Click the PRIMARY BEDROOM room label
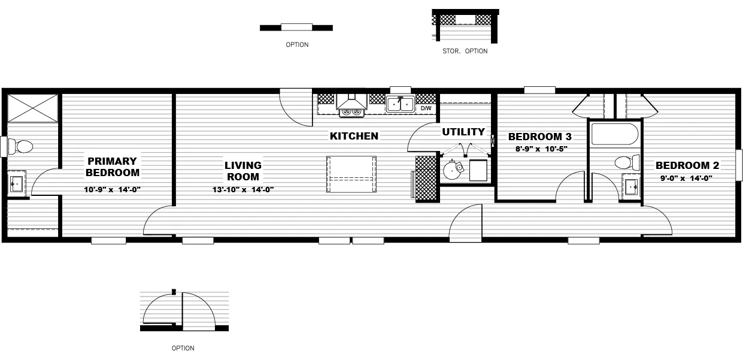[113, 167]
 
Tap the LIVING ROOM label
[242, 171]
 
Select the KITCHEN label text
[354, 136]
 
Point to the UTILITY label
[463, 132]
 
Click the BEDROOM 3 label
[535, 137]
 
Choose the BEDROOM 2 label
[687, 166]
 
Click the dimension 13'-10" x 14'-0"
[242, 189]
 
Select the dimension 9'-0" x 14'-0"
[687, 178]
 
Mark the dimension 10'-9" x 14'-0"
[113, 189]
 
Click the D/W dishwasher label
[426, 108]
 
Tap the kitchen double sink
[400, 104]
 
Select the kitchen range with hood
[351, 105]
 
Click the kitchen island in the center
[351, 174]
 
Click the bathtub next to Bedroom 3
[615, 134]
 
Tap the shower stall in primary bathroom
[32, 107]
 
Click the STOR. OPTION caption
[465, 52]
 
